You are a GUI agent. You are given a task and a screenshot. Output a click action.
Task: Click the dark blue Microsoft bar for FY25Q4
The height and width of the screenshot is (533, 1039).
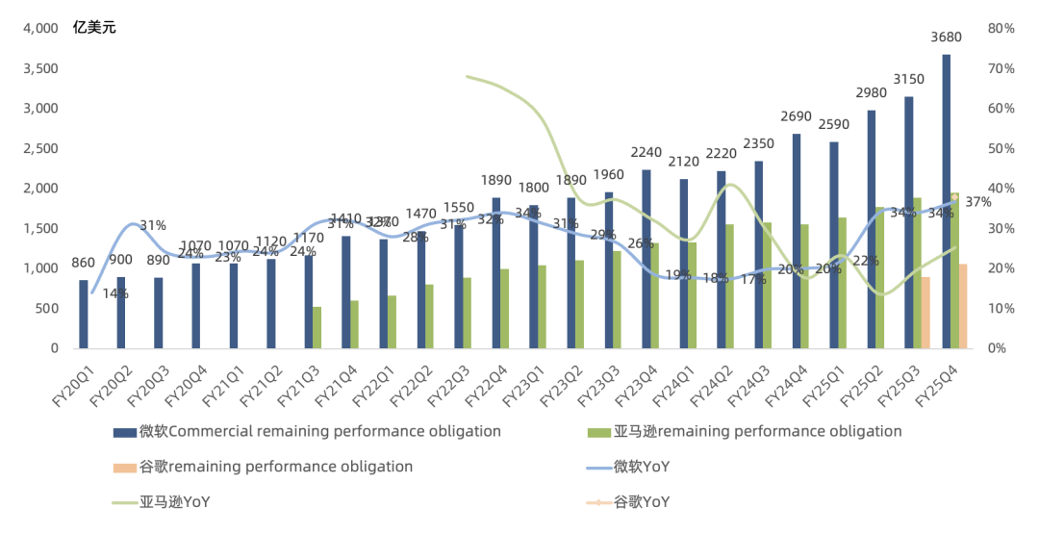pyautogui.click(x=947, y=202)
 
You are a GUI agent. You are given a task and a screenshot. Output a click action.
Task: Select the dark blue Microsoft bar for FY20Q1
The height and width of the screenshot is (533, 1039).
pyautogui.click(x=84, y=315)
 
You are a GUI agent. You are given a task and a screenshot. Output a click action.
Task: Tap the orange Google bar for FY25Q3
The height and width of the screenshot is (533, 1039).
pyautogui.click(x=925, y=313)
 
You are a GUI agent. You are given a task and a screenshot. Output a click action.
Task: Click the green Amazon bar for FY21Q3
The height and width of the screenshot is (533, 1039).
pyautogui.click(x=317, y=328)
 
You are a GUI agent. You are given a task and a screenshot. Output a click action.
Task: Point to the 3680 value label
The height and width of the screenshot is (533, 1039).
pyautogui.click(x=947, y=38)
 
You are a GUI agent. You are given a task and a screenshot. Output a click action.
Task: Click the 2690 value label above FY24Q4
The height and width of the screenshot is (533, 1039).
pyautogui.click(x=797, y=116)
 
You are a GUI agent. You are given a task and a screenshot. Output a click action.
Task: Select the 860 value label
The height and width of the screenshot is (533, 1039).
pyautogui.click(x=84, y=262)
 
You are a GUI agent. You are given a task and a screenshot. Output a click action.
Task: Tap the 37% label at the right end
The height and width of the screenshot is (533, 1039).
pyautogui.click(x=978, y=202)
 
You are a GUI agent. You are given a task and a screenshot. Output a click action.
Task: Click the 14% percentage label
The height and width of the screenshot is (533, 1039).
pyautogui.click(x=115, y=293)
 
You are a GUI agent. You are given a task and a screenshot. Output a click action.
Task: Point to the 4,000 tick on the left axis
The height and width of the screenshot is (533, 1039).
pyautogui.click(x=40, y=29)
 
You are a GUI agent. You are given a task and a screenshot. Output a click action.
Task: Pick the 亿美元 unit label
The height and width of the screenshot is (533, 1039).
pyautogui.click(x=94, y=28)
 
